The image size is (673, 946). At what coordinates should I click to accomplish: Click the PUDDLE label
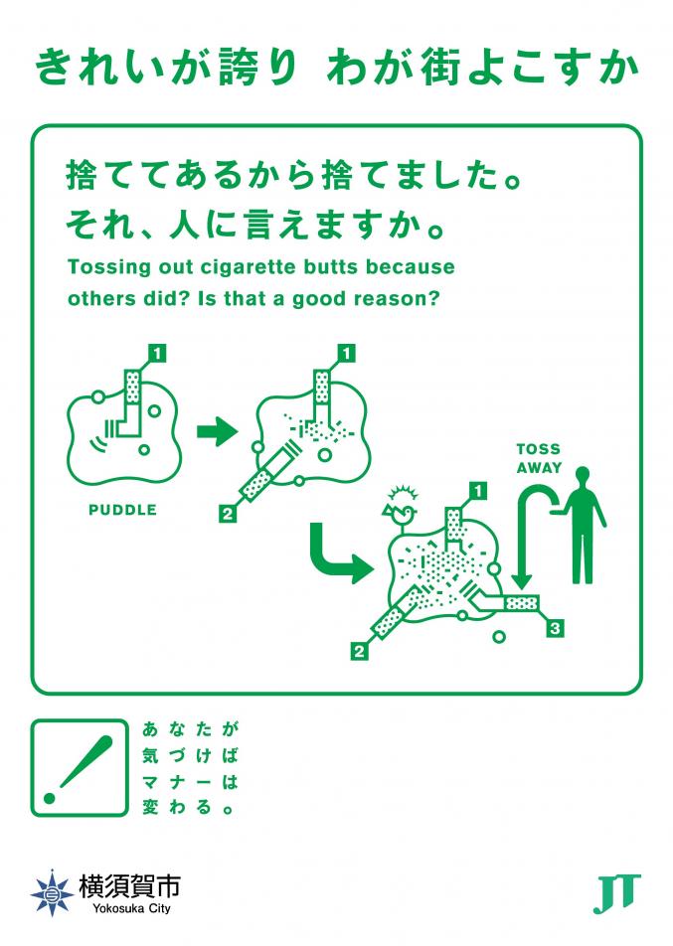122,510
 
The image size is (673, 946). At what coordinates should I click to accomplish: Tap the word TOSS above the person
539,449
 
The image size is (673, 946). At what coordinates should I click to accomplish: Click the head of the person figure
582,474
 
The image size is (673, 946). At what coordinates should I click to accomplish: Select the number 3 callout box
555,629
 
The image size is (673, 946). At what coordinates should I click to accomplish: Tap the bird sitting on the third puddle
400,512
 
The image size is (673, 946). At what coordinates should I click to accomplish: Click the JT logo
616,893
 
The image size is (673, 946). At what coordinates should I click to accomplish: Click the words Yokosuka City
131,908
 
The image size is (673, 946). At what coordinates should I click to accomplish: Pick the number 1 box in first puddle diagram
157,353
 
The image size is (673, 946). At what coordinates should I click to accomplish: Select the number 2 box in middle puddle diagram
227,514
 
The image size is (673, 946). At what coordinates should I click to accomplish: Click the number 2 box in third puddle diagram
359,651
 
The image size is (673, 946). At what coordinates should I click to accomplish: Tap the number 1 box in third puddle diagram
478,491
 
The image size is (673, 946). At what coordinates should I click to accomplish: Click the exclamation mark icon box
80,767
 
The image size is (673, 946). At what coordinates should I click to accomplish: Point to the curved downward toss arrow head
521,582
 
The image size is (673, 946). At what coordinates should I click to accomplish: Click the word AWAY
539,468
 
